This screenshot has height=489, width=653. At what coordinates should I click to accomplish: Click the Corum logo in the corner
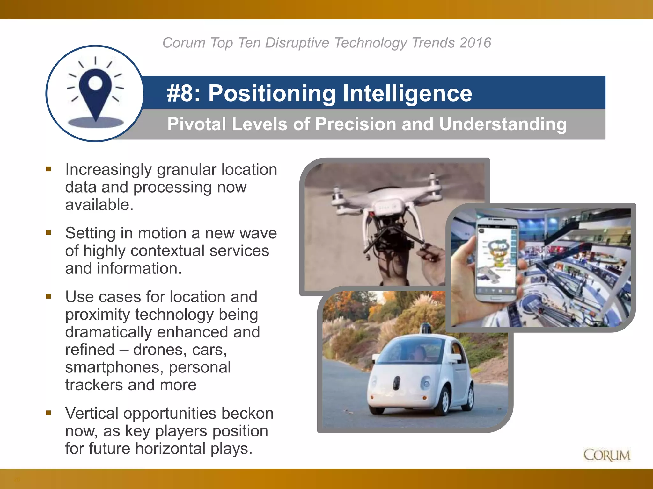(x=606, y=455)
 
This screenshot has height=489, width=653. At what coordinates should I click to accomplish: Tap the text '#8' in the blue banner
(x=183, y=93)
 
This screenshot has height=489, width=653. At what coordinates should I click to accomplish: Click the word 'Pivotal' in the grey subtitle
(x=196, y=124)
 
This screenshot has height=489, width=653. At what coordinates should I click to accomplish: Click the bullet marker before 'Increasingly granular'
(x=48, y=169)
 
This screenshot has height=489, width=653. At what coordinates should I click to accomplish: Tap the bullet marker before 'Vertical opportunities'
(x=48, y=413)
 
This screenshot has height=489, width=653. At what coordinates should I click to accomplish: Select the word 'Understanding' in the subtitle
(x=503, y=124)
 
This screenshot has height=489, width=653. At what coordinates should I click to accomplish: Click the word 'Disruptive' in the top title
(x=297, y=43)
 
